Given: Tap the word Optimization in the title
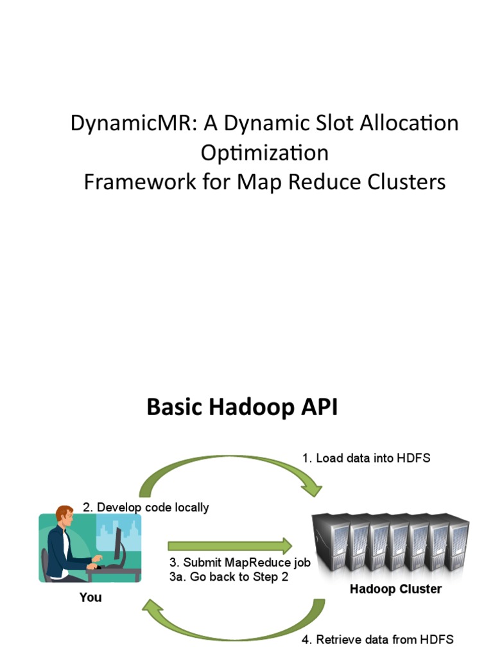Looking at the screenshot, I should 264,153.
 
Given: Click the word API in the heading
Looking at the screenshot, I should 318,407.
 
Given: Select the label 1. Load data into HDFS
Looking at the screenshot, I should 366,458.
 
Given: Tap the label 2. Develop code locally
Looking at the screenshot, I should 146,508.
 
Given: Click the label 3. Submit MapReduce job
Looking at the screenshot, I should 239,563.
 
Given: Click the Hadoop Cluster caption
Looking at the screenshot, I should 395,589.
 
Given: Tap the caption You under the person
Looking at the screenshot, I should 91,597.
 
